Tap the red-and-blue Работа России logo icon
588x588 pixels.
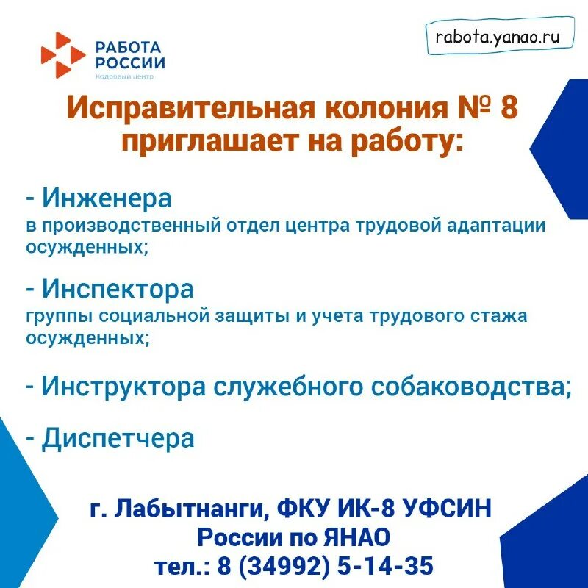(x=62, y=54)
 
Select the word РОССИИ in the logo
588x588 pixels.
(x=130, y=63)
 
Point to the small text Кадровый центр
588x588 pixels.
(x=124, y=76)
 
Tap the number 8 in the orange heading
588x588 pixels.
(x=508, y=109)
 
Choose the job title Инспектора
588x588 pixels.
(x=118, y=289)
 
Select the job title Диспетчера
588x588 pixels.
(x=118, y=438)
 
